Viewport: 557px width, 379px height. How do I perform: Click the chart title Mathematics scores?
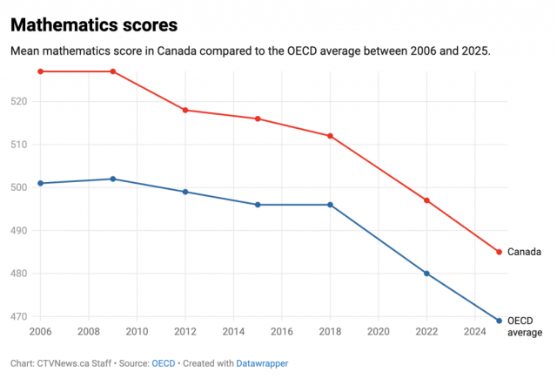(x=94, y=25)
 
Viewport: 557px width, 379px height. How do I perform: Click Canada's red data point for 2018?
(x=330, y=136)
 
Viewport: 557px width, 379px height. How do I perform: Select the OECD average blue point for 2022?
(x=426, y=274)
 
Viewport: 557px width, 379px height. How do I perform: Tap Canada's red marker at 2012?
(x=185, y=111)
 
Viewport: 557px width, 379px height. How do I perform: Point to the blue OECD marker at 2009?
(x=113, y=179)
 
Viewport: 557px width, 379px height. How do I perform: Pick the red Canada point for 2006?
(x=41, y=71)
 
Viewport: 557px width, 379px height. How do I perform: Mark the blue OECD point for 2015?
(x=258, y=205)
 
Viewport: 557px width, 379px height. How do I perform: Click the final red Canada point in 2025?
(x=499, y=252)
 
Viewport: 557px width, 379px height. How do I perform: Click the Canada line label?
(x=524, y=252)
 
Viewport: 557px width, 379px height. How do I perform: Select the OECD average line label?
(x=525, y=327)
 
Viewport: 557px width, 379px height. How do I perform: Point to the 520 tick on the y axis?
(x=19, y=101)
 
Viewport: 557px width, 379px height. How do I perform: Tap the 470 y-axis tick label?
(x=19, y=316)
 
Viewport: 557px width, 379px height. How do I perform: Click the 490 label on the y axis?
(x=19, y=230)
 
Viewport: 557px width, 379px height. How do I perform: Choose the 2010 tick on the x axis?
(x=137, y=331)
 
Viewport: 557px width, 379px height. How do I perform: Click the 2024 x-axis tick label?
(x=475, y=331)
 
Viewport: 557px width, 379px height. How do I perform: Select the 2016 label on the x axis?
(x=282, y=331)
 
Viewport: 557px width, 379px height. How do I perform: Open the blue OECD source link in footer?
(x=164, y=363)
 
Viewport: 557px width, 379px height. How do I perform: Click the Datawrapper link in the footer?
(x=262, y=363)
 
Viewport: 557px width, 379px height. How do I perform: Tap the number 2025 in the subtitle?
(x=476, y=51)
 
